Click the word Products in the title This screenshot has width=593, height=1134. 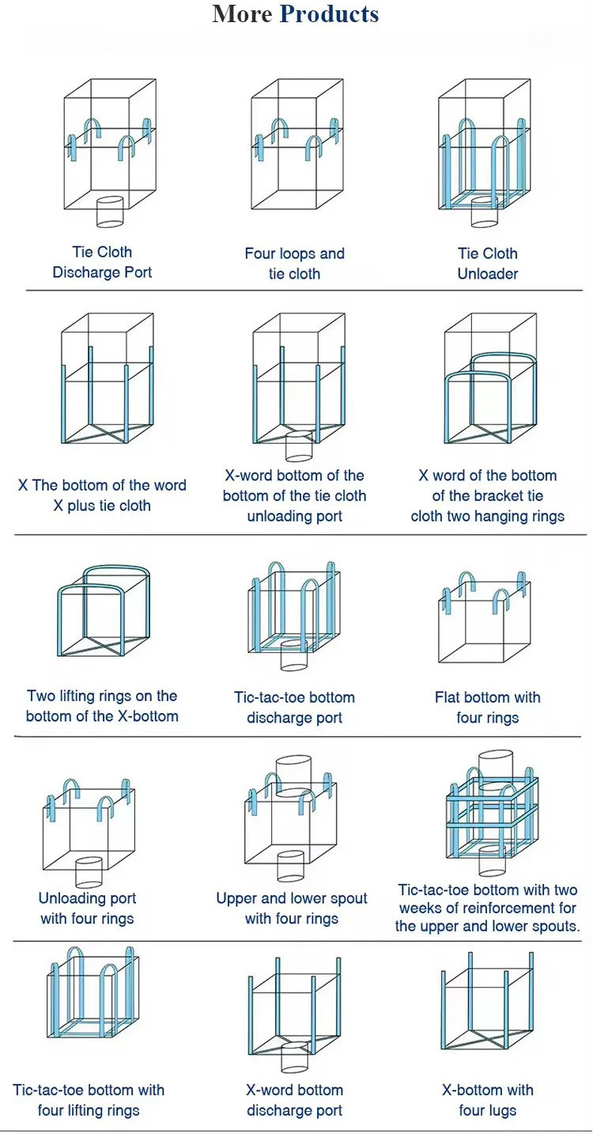click(x=329, y=14)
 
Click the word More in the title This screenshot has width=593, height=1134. click(x=243, y=14)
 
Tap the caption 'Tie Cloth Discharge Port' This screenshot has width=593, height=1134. click(x=102, y=262)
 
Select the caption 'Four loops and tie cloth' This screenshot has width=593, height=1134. click(x=294, y=264)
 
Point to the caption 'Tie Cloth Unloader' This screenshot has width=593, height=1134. click(x=488, y=264)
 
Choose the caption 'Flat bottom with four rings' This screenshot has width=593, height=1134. click(x=487, y=707)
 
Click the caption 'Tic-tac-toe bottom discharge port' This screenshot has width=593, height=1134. click(x=294, y=707)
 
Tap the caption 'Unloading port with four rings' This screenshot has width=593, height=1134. click(x=87, y=908)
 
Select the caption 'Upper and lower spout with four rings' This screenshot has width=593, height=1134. click(x=292, y=908)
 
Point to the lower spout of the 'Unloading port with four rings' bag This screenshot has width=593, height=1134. click(x=89, y=872)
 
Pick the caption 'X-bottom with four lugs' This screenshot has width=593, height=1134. click(x=487, y=1100)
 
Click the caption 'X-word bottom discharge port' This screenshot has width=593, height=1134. click(x=294, y=1100)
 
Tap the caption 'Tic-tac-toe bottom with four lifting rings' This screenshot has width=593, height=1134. click(x=89, y=1100)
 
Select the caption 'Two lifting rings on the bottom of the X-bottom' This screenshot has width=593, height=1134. click(x=102, y=706)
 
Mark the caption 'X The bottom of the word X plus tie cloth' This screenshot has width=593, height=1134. click(x=102, y=495)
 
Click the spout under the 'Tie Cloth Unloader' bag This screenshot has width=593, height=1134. click(x=485, y=212)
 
